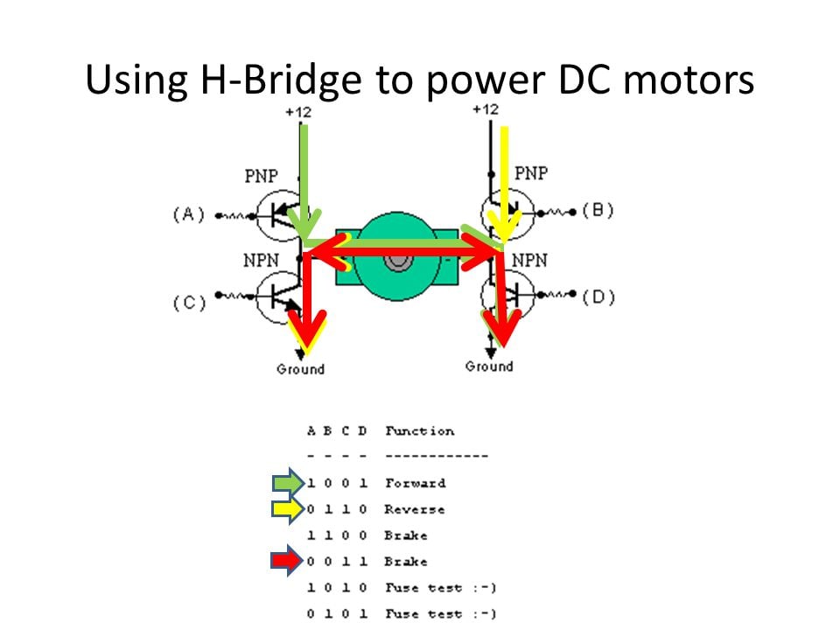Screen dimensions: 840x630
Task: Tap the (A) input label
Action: [189, 215]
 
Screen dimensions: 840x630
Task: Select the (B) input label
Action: [598, 210]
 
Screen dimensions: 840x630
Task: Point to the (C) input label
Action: [189, 303]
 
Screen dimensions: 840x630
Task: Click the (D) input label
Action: [598, 297]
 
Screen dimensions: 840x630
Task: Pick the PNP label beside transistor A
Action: [262, 176]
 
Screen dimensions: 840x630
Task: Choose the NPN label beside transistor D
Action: [530, 261]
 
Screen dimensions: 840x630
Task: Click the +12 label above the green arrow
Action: [298, 112]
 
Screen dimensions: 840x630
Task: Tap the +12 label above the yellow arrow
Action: [486, 109]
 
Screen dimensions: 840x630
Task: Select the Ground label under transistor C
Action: [300, 369]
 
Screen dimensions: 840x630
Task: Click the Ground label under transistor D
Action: [489, 367]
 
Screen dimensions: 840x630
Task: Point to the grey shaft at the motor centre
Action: [397, 262]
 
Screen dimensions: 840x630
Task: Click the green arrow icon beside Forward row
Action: [289, 483]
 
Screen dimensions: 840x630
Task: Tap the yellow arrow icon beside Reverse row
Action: [288, 509]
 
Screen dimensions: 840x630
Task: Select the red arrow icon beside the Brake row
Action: [287, 560]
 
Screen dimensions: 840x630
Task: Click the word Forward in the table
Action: [415, 483]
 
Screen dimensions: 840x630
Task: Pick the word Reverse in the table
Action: [414, 509]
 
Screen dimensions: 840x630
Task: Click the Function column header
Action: [419, 430]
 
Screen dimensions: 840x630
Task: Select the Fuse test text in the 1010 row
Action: [423, 588]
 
